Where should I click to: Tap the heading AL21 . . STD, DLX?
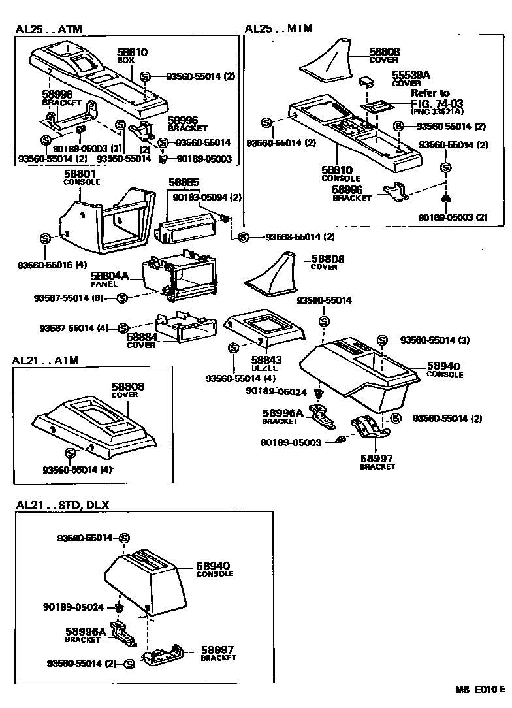tap(63, 505)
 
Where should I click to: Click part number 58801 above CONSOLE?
tap(80, 174)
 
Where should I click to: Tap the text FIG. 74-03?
tap(436, 103)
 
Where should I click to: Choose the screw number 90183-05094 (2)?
tap(207, 197)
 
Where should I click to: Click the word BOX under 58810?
tap(125, 60)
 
